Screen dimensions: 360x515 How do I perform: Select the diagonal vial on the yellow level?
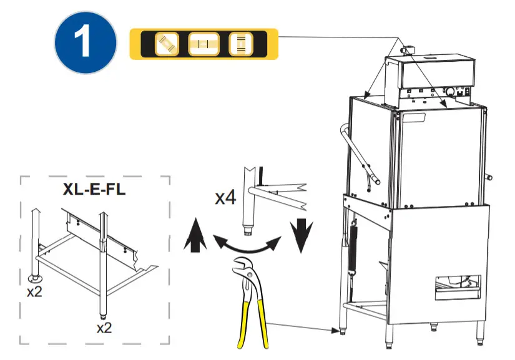pos(167,44)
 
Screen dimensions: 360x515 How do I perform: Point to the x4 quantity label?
pos(225,198)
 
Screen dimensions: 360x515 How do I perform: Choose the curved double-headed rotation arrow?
pos(247,245)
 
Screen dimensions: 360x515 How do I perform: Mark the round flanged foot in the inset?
pos(35,277)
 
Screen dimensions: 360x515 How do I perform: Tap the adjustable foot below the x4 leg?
pos(250,232)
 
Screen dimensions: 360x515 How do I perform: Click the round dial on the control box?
pos(449,91)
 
